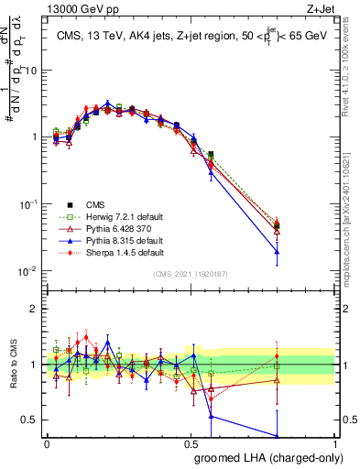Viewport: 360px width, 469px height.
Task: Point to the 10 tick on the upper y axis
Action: [34, 71]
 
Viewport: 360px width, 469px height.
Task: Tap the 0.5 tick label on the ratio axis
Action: [32, 420]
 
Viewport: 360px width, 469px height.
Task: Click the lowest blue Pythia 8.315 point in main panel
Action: [302, 251]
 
